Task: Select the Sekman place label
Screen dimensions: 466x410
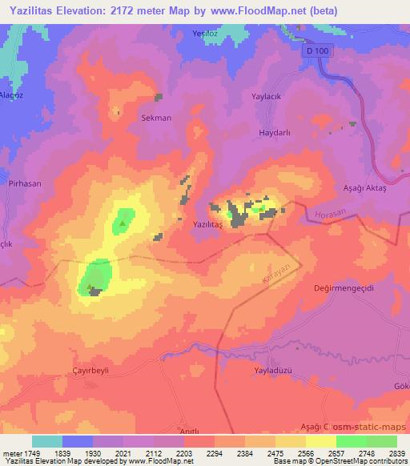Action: coord(156,118)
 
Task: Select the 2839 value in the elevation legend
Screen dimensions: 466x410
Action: coord(387,452)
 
